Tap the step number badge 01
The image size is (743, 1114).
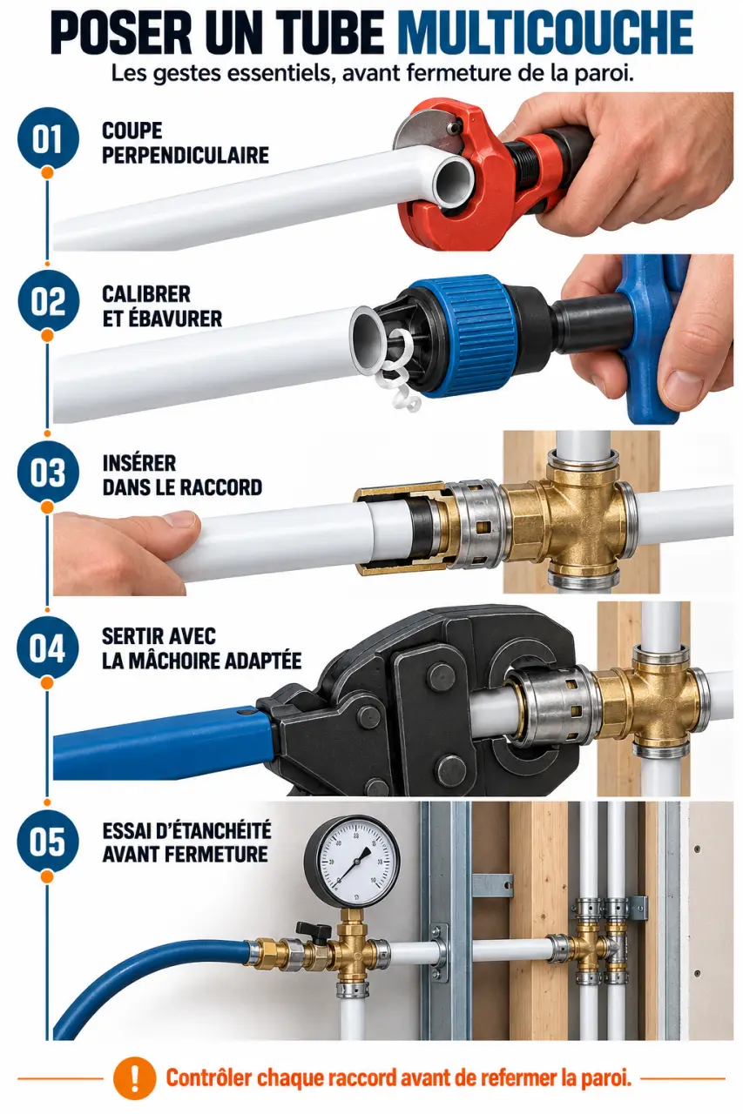[47, 138]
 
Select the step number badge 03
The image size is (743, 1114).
[47, 472]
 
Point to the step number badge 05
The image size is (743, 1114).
[47, 841]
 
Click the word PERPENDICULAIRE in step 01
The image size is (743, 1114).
[186, 156]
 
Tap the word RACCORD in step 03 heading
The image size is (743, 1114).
[222, 487]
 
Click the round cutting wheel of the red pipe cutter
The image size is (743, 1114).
[418, 127]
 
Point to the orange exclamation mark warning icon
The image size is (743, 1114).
[133, 1078]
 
